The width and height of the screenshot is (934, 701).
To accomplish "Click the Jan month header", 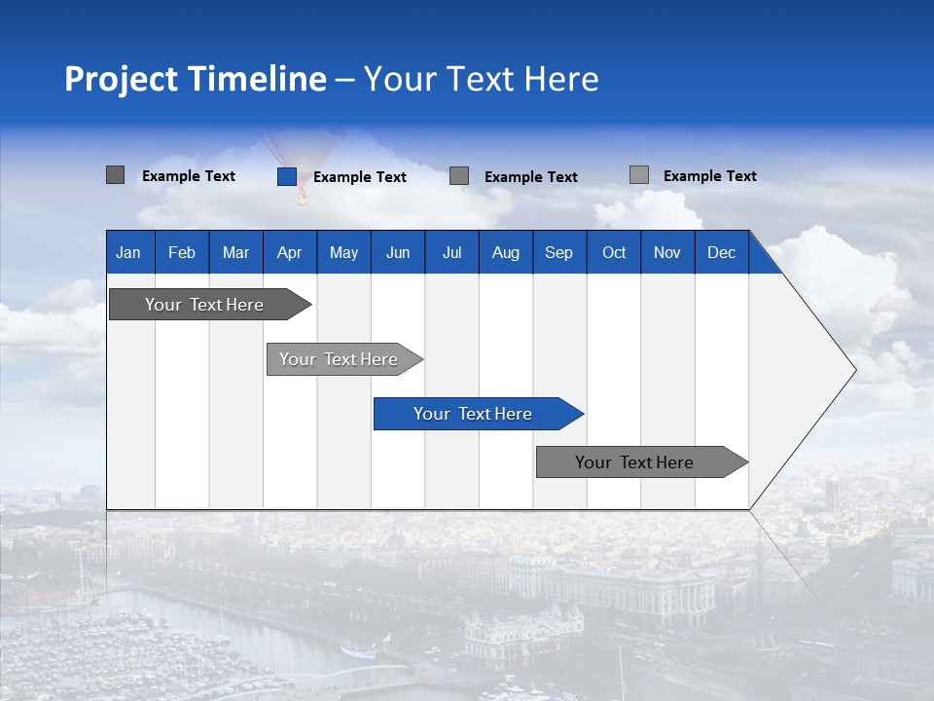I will click(x=128, y=253).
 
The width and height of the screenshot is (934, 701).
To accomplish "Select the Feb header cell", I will click(x=182, y=253).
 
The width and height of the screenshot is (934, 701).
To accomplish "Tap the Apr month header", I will click(x=289, y=253).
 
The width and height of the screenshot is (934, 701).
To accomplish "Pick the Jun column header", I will click(x=398, y=253).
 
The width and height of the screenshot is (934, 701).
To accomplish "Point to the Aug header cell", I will click(x=505, y=253).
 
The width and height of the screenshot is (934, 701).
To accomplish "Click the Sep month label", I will click(x=558, y=253).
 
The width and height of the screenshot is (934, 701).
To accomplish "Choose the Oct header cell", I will click(x=614, y=253).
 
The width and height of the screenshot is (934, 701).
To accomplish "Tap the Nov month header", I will click(x=667, y=253).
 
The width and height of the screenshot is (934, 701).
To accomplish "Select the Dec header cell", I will click(x=721, y=253).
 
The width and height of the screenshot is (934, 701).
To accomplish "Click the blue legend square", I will click(x=286, y=176).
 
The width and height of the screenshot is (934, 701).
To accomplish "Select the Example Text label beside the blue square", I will click(x=360, y=177).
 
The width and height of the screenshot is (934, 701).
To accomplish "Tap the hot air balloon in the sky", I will click(x=302, y=161).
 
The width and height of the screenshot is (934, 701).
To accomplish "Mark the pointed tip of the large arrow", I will click(x=853, y=370).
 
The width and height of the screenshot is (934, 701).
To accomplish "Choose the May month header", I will click(x=343, y=253).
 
